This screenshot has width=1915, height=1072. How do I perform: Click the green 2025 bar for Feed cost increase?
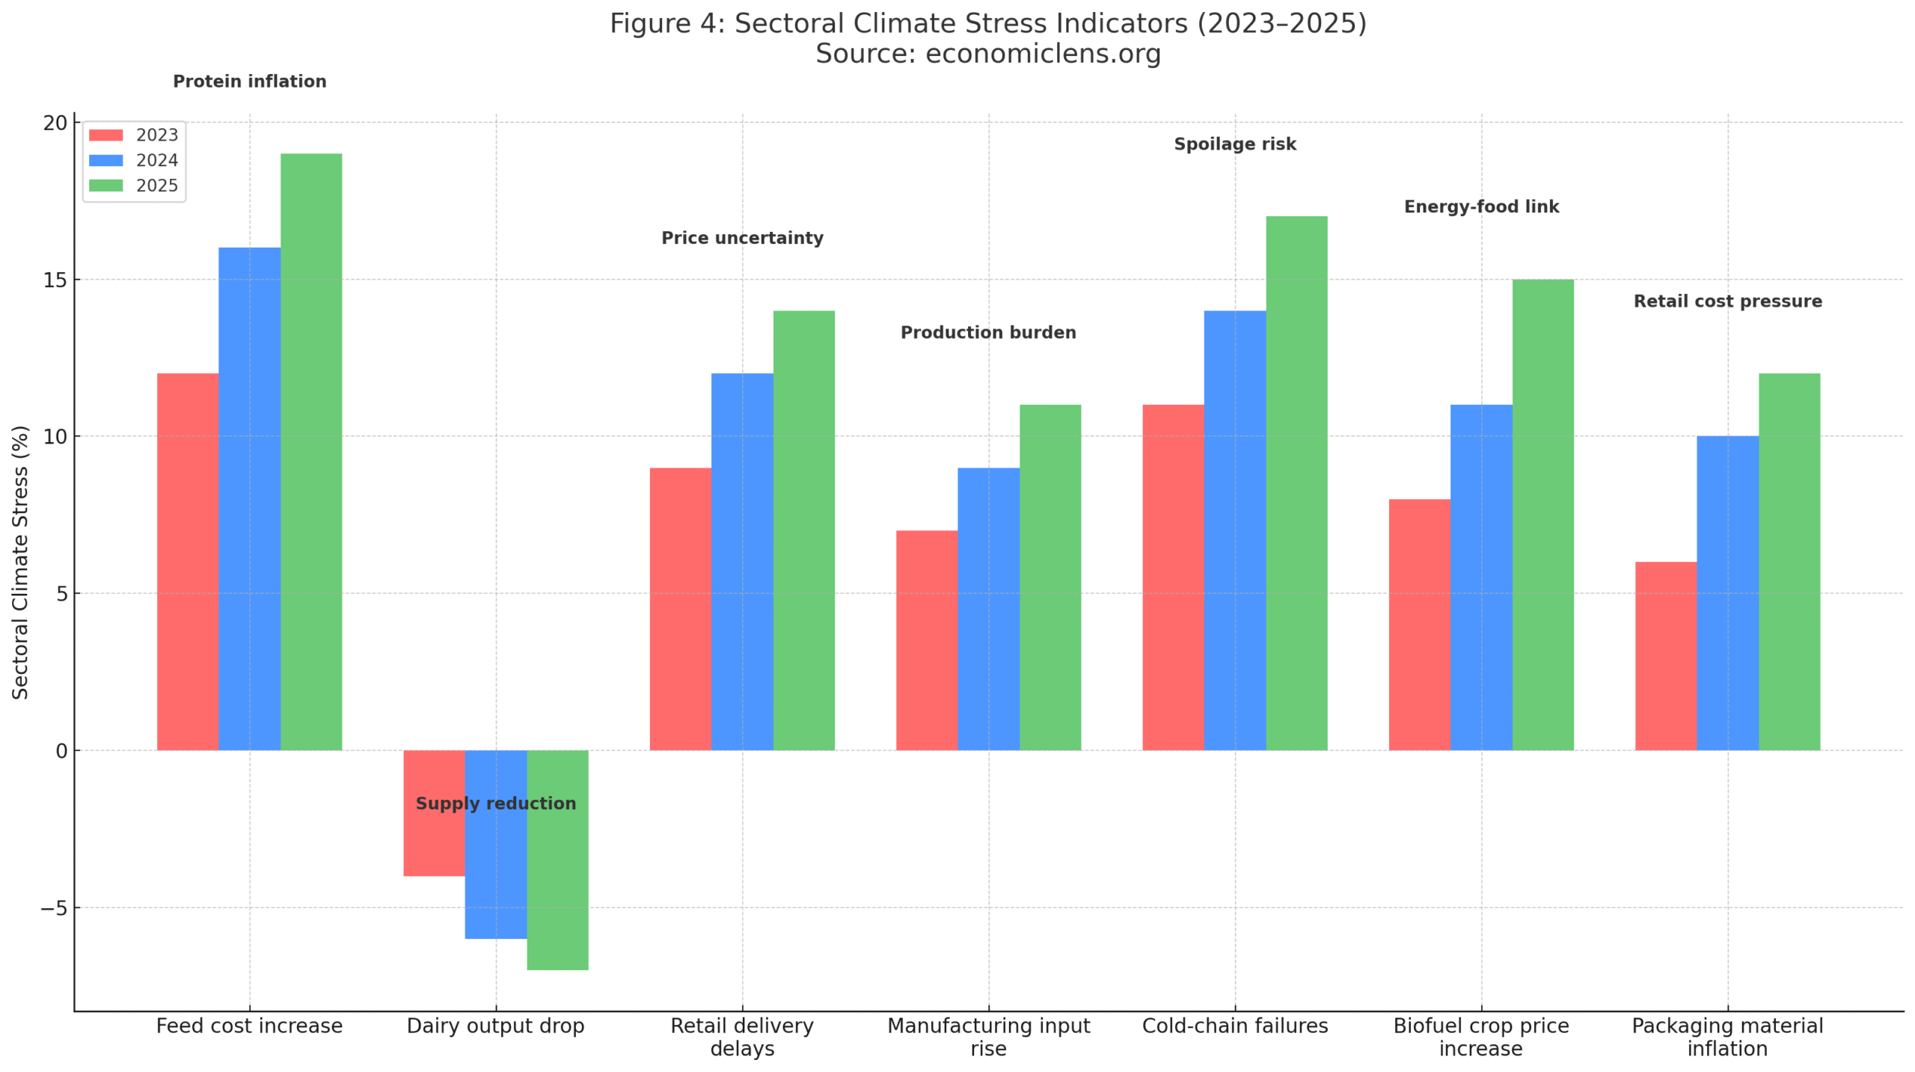point(310,449)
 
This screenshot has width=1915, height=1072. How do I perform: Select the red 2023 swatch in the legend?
point(105,135)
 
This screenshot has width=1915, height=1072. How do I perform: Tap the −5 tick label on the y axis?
point(52,907)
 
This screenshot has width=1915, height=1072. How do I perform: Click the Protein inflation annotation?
point(249,82)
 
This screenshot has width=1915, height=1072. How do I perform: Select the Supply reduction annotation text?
point(495,803)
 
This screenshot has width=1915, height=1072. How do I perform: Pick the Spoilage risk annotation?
point(1234,144)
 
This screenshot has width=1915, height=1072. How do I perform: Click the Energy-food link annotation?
point(1480,207)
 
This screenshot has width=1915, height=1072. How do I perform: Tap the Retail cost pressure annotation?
point(1726,301)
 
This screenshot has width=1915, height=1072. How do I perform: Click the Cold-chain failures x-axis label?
point(1234,1026)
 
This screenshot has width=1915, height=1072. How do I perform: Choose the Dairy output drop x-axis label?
point(495,1026)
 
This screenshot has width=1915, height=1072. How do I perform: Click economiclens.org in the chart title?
point(1043,54)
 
